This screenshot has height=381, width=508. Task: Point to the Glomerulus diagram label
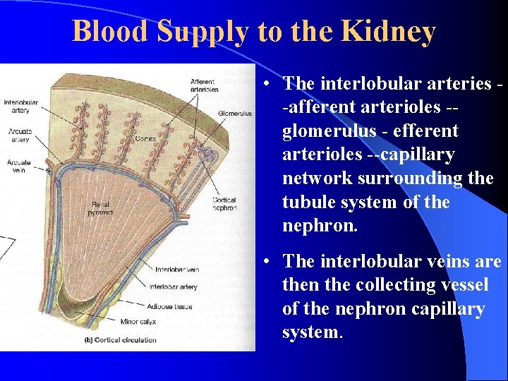(235, 113)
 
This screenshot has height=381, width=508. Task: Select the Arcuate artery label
(19, 135)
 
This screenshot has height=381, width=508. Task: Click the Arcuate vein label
(19, 166)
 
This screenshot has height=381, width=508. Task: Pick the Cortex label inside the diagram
(145, 139)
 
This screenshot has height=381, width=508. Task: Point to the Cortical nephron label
(224, 205)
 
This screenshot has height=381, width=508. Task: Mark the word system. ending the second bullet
(312, 332)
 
